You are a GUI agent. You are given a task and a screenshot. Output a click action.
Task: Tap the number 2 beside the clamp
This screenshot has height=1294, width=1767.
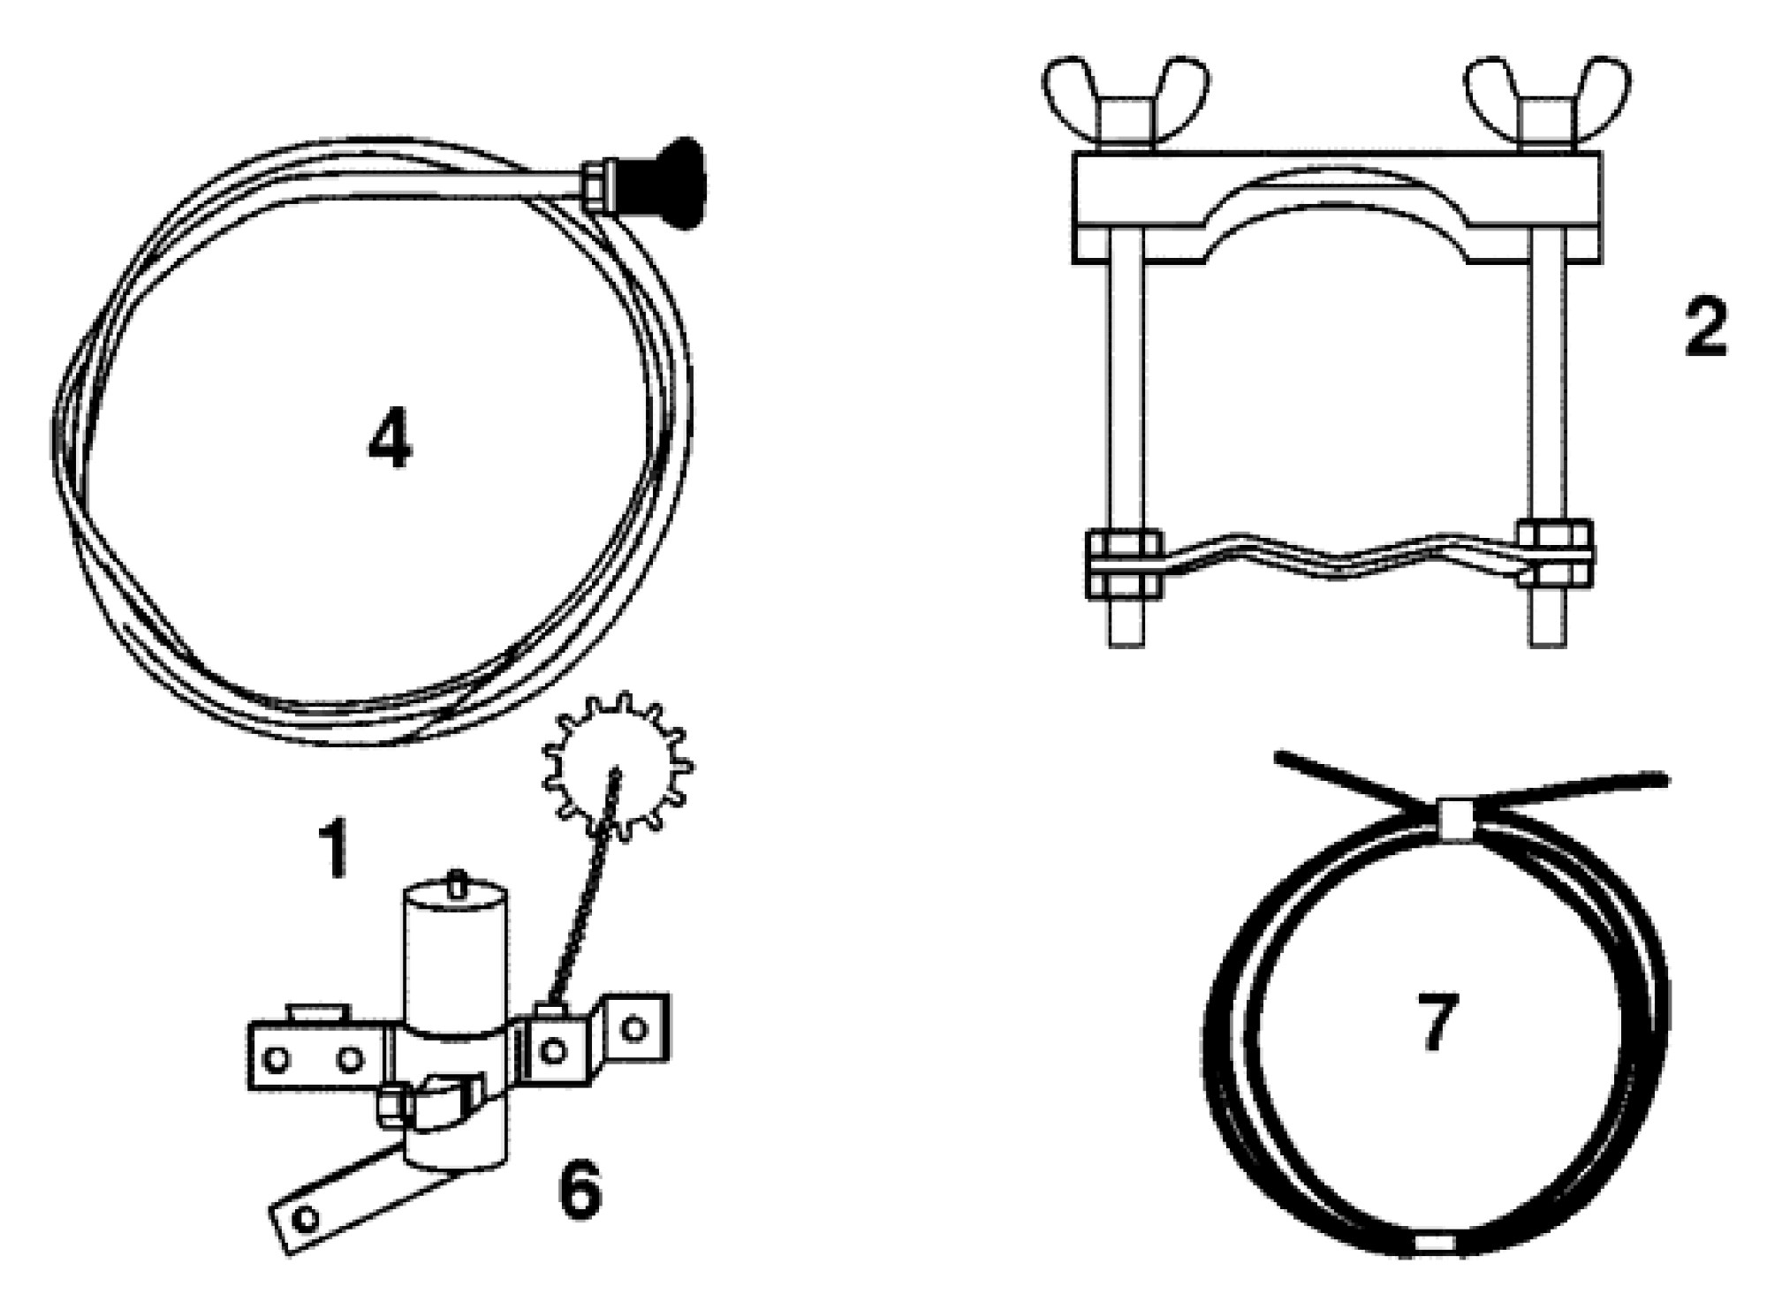click(x=1705, y=328)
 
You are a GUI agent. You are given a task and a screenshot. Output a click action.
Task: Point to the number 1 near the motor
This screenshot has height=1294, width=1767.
click(x=334, y=850)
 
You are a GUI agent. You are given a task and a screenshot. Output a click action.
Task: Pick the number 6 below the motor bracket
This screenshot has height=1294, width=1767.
click(x=580, y=1190)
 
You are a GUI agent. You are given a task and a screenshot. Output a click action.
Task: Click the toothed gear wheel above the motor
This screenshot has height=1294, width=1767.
click(x=616, y=766)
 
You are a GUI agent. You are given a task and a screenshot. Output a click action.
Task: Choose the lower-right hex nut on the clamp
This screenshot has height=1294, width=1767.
click(x=1555, y=555)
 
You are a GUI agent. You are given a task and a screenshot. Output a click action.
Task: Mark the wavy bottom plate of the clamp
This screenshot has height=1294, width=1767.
click(x=1338, y=557)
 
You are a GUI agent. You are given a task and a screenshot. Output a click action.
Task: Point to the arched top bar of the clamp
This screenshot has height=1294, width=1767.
click(x=1337, y=208)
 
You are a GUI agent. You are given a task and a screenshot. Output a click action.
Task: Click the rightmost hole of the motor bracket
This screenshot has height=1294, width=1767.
click(x=633, y=1027)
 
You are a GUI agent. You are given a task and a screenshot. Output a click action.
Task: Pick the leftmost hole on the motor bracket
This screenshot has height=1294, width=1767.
click(x=277, y=1059)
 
